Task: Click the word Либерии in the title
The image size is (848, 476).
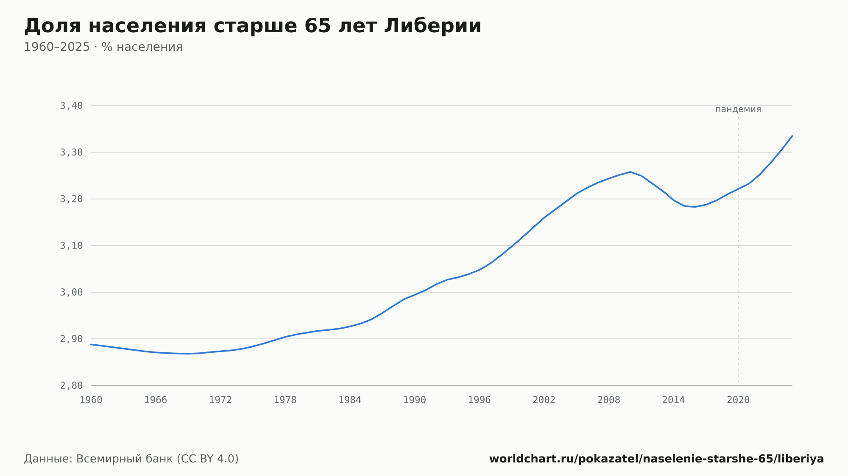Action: pyautogui.click(x=433, y=26)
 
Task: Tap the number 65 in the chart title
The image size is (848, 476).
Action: pyautogui.click(x=318, y=26)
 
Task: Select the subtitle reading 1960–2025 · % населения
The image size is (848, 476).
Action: pyautogui.click(x=103, y=47)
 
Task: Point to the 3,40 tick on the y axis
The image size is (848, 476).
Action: pyautogui.click(x=71, y=106)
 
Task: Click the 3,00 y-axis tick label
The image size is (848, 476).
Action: pyautogui.click(x=71, y=292)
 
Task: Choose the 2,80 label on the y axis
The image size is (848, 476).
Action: pyautogui.click(x=71, y=385)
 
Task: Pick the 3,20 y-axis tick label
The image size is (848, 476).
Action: pyautogui.click(x=71, y=199)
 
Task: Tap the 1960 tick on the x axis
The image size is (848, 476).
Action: pyautogui.click(x=91, y=400)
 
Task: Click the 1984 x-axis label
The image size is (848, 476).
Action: pyautogui.click(x=350, y=400)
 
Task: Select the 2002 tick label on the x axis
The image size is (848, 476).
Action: pyautogui.click(x=544, y=400)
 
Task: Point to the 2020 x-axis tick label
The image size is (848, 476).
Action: pyautogui.click(x=738, y=400)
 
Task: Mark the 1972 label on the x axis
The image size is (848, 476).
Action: pyautogui.click(x=220, y=400)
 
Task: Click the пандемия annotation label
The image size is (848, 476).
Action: pyautogui.click(x=738, y=109)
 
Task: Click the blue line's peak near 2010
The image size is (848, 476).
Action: pyautogui.click(x=630, y=172)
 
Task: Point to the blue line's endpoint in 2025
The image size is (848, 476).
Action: pyautogui.click(x=792, y=136)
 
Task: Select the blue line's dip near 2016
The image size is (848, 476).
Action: pyautogui.click(x=695, y=207)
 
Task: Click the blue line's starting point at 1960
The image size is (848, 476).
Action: pyautogui.click(x=91, y=344)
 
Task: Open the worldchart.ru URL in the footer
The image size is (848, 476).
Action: pyautogui.click(x=656, y=459)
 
